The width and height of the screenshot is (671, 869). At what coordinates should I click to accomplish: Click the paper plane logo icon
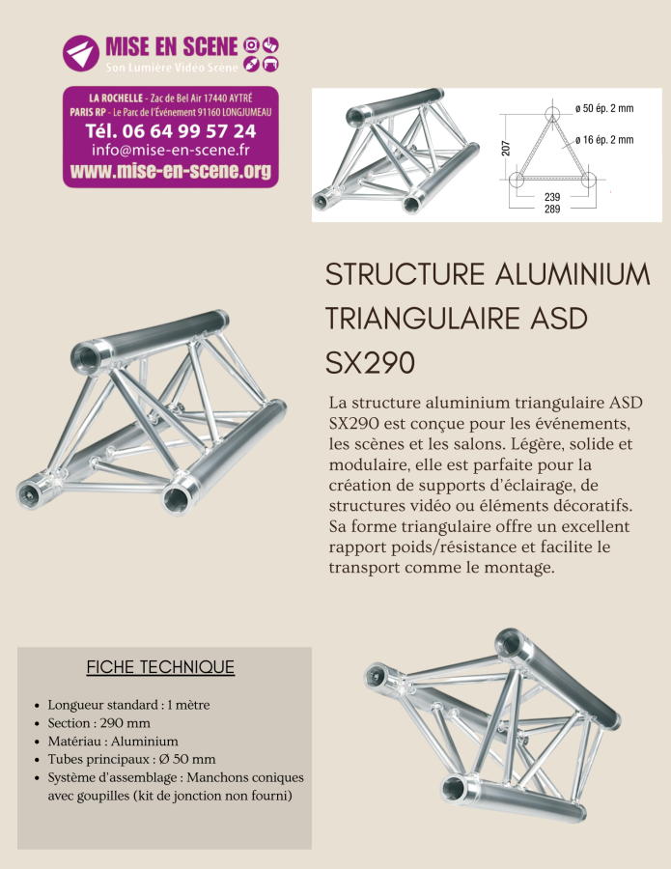point(81,53)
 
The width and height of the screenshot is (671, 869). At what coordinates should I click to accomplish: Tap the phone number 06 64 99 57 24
point(171,130)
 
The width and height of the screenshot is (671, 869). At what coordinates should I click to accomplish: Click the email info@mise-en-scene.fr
point(171,151)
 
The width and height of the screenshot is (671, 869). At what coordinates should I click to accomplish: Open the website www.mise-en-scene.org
point(171,172)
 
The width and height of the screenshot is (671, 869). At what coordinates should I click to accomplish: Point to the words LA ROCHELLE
point(116,98)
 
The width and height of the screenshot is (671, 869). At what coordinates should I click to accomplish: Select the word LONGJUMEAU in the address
point(246,112)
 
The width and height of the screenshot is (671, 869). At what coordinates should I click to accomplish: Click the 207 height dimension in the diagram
point(505,148)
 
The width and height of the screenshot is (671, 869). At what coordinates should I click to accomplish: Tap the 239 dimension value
point(553,198)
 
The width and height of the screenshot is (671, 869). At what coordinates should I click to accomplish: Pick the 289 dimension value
point(553,209)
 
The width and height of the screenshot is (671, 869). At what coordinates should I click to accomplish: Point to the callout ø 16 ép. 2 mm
point(603,140)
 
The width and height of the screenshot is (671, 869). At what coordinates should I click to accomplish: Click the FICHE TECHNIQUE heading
point(160,667)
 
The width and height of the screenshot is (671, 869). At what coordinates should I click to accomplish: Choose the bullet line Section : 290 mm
point(99,723)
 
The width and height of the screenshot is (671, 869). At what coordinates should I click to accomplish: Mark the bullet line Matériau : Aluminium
point(113,742)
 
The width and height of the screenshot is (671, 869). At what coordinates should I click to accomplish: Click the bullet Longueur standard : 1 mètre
point(128,705)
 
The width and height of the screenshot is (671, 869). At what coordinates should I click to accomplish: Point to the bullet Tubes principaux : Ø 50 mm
point(131,759)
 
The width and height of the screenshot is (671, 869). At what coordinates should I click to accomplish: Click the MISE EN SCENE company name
point(172,45)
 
